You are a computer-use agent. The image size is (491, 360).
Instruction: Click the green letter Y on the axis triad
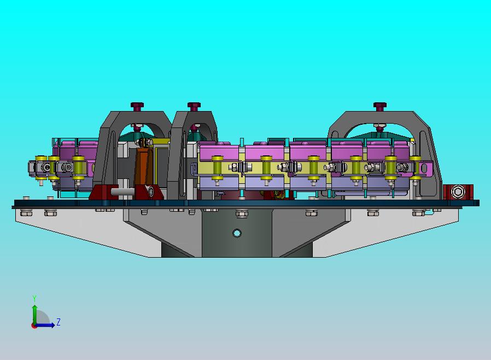click(x=34, y=298)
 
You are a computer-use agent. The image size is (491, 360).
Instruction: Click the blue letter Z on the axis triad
click(x=59, y=322)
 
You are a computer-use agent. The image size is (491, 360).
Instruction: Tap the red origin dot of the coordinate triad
click(x=34, y=326)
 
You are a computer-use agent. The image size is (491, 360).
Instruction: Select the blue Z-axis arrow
click(x=45, y=325)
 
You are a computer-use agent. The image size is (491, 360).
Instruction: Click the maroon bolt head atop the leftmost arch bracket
click(x=137, y=107)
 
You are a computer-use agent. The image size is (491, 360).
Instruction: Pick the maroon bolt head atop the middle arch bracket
click(x=194, y=107)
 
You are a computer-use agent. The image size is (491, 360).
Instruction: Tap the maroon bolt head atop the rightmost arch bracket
click(x=380, y=107)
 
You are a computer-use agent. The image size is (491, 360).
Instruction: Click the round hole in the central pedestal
click(x=237, y=233)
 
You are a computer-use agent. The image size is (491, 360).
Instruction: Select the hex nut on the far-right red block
click(x=458, y=191)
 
